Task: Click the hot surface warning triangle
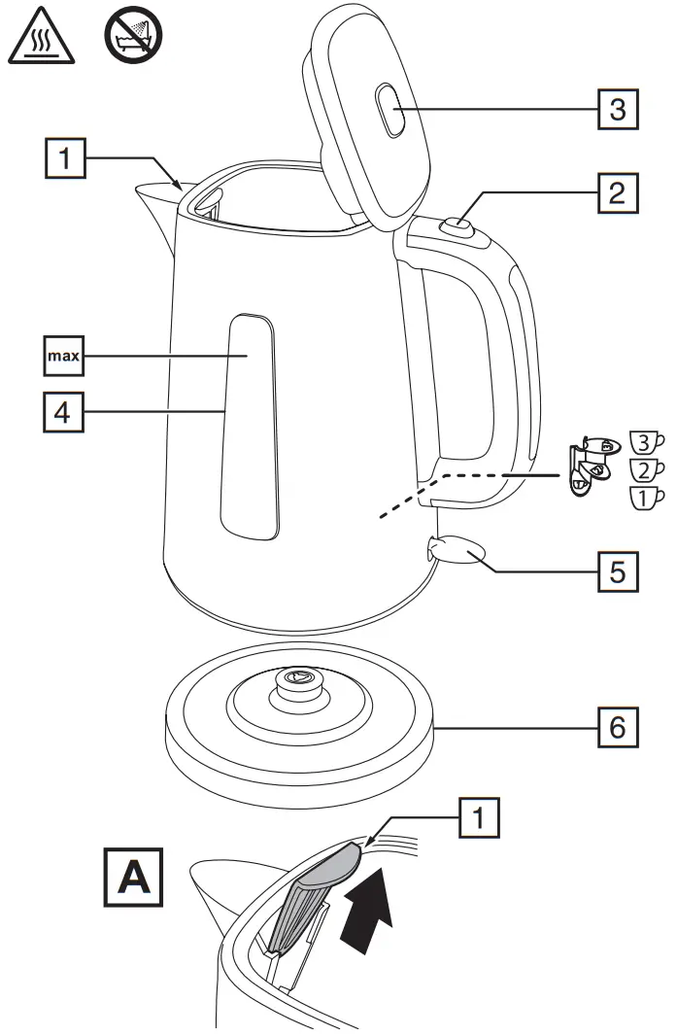(x=36, y=40)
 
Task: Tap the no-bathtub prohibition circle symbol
(x=132, y=38)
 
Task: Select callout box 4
(x=62, y=412)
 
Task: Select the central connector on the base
(x=297, y=679)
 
